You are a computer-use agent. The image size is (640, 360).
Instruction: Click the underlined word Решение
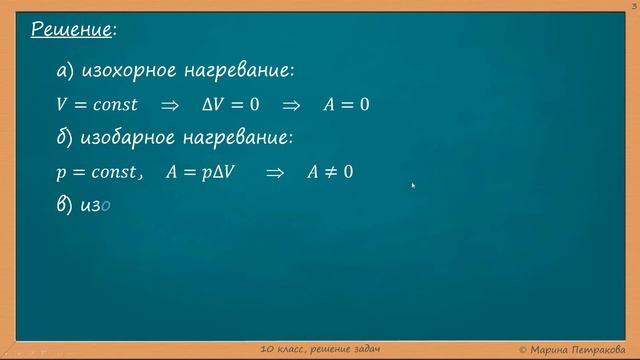click(x=70, y=29)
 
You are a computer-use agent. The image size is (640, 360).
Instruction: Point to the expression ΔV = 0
click(x=231, y=105)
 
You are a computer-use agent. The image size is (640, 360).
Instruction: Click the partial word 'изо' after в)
click(x=97, y=205)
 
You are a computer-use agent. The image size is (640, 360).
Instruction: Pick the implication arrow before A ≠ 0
click(x=275, y=172)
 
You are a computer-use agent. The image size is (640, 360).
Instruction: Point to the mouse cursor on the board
click(x=413, y=185)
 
